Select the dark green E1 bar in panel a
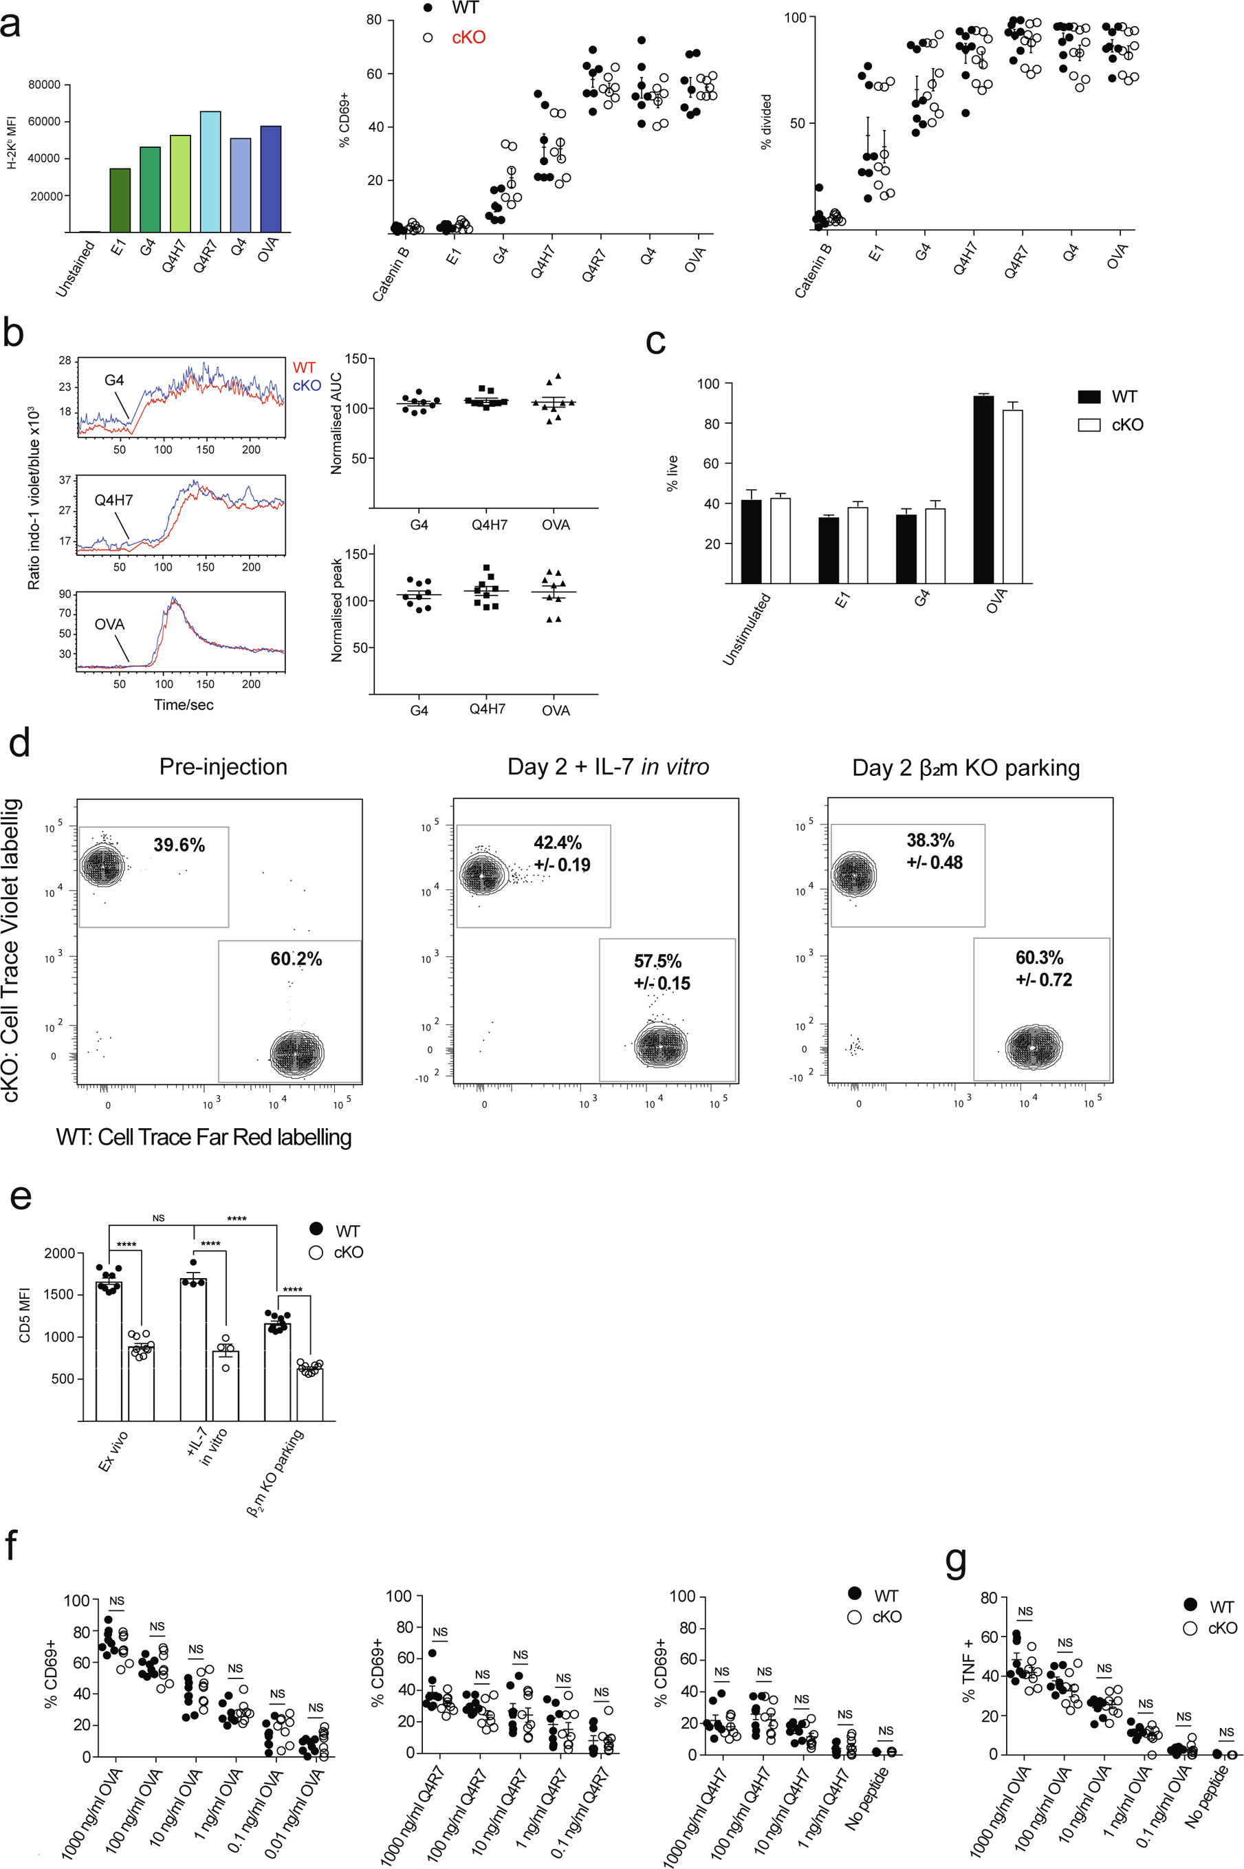120,200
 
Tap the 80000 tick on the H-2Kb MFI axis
45,85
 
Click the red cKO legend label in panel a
468,37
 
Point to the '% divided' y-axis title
765,122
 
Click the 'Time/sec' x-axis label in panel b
184,704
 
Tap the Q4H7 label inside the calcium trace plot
113,500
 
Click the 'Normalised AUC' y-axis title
336,424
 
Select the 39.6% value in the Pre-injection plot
179,845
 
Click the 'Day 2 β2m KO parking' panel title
965,768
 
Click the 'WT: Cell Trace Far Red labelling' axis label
204,1137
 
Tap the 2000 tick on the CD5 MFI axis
60,1253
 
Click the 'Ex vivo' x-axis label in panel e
113,1450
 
